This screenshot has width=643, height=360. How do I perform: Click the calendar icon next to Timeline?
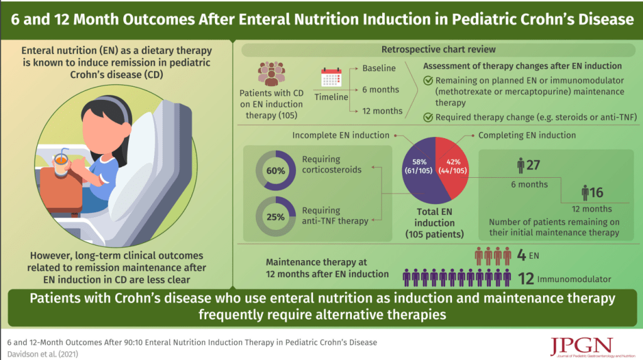click(331, 78)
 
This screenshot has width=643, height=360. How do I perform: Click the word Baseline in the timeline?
click(379, 68)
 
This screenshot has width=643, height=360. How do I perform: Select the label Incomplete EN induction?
click(341, 135)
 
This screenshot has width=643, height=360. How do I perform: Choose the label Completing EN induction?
click(527, 135)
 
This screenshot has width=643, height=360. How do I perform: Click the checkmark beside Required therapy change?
click(428, 117)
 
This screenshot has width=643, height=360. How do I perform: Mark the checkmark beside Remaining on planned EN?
click(428, 80)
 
